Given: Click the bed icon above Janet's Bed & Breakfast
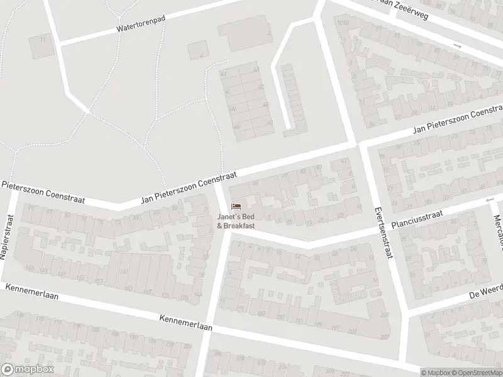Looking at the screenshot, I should coord(236,206).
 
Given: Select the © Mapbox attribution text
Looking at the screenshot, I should coord(436,372).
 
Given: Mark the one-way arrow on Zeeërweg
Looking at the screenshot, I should coord(457,46).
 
